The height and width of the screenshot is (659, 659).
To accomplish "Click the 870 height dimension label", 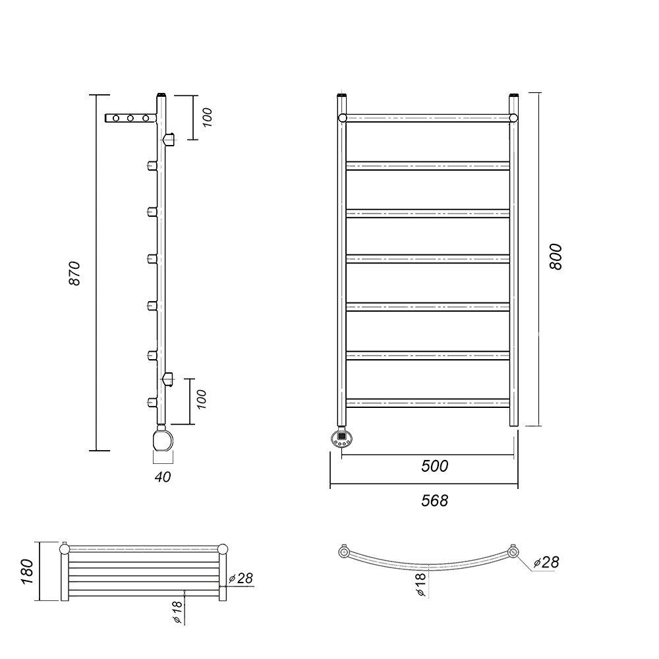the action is (74, 273).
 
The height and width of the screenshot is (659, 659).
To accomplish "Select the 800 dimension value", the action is (555, 257).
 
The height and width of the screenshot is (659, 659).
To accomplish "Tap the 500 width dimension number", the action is (434, 466).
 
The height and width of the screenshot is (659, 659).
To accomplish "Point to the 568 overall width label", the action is (434, 501).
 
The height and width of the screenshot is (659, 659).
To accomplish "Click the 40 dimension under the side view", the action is (163, 477).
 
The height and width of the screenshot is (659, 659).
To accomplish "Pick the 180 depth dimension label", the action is (27, 571).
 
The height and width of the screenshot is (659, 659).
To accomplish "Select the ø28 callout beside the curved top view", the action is (546, 562).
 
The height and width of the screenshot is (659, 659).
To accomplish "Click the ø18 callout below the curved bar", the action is (420, 585).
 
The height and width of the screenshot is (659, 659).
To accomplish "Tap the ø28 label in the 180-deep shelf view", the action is (241, 579).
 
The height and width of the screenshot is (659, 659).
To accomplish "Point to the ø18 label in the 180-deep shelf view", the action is (177, 612).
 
